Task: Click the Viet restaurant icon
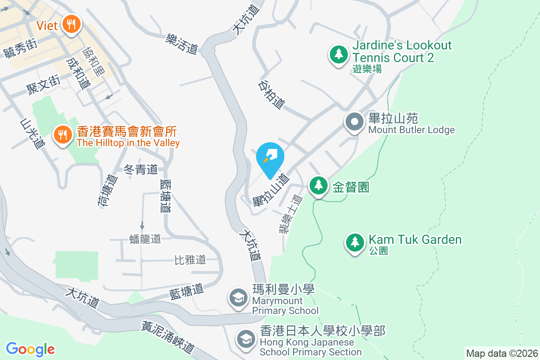point(71,23)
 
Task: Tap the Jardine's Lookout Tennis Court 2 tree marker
point(338,54)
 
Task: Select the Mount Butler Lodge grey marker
point(354,121)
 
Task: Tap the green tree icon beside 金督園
point(319,185)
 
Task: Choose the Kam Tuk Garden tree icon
point(355,242)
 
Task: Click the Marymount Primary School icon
point(238,297)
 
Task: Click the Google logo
point(30,349)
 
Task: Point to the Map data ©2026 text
point(501,353)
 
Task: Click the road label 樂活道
point(182,44)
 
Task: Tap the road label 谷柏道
point(272,94)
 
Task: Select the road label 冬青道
point(140,170)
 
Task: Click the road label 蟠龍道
point(145,238)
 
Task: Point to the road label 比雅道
point(190,260)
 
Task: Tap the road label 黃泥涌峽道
point(168,337)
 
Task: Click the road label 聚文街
point(43,84)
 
